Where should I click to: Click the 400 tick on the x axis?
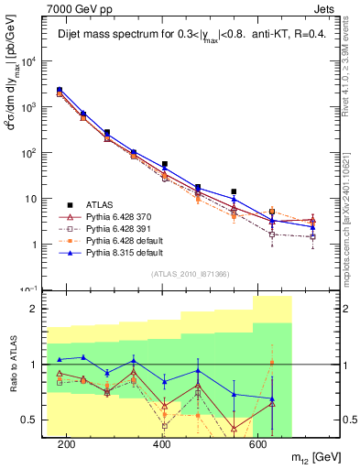(163, 444)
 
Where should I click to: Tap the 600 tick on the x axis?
(259, 444)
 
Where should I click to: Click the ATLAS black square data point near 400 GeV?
(165, 165)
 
